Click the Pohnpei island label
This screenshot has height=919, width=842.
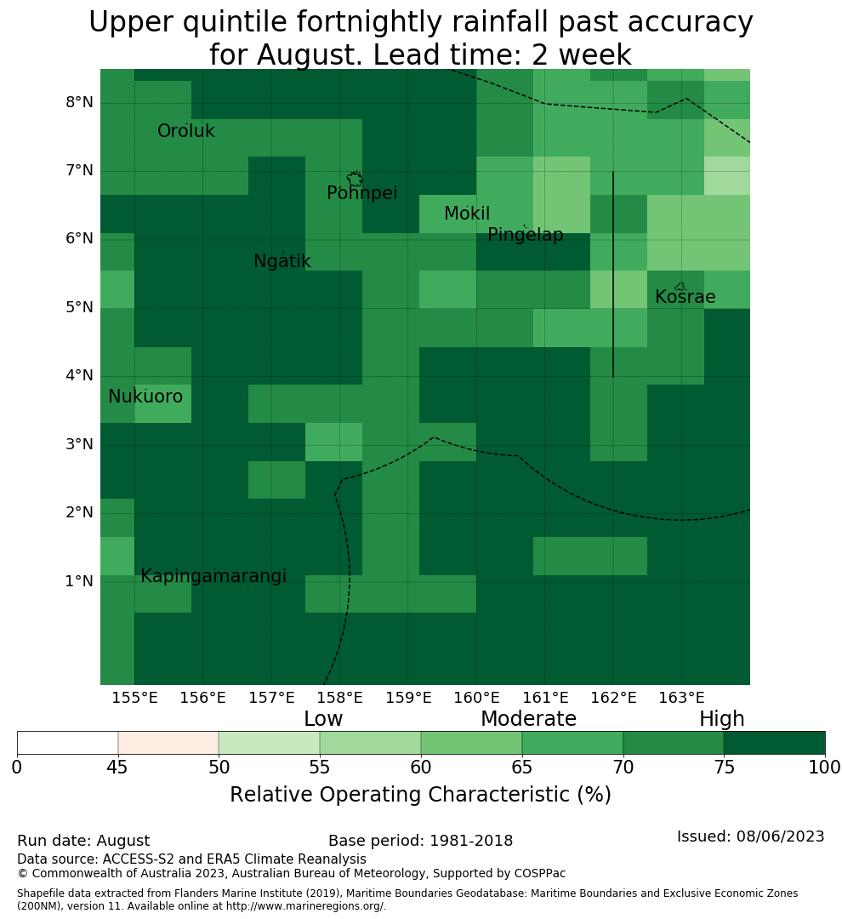tap(361, 193)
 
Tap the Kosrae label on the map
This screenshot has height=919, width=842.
tap(685, 297)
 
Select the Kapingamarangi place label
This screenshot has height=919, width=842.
tap(213, 576)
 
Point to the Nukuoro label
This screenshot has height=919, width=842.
tap(145, 397)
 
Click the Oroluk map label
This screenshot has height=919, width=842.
tap(185, 131)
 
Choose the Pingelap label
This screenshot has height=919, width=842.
tap(525, 235)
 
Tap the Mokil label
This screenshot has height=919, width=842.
tap(466, 214)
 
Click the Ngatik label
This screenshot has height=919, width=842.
tap(282, 261)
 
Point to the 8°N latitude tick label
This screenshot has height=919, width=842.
tap(79, 103)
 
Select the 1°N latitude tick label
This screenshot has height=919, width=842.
tap(79, 581)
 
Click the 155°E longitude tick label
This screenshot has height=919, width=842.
tap(134, 698)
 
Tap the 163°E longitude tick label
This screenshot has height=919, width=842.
tap(681, 698)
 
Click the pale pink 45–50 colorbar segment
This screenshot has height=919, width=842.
tap(168, 743)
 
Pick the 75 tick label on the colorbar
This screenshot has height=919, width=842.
tap(725, 768)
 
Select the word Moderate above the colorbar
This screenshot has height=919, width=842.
tap(528, 718)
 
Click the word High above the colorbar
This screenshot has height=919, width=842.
tap(721, 718)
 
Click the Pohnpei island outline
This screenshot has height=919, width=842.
tap(355, 179)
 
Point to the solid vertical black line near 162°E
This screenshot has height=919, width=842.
tap(613, 274)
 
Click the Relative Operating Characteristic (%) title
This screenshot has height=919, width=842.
tap(420, 795)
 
